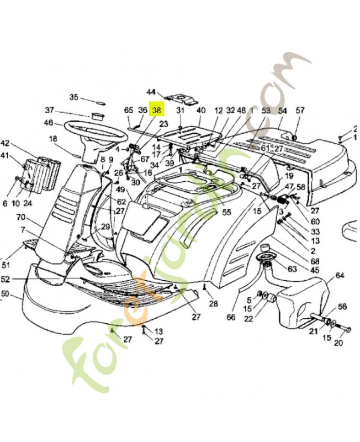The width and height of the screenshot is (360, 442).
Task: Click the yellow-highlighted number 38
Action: (158, 110)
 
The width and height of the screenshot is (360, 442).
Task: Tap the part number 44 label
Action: (152, 92)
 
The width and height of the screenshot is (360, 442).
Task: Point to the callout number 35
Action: (74, 97)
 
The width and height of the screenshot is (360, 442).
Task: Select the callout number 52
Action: (6, 279)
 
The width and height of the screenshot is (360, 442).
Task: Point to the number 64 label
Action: (340, 275)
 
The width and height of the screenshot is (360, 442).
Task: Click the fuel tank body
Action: (301, 304)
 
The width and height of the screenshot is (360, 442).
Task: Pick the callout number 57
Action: (300, 110)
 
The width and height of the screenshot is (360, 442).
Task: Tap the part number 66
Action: (231, 317)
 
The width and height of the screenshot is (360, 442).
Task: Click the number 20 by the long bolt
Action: (338, 343)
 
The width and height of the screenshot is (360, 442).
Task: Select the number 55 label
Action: (226, 212)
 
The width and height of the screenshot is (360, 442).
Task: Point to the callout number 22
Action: (248, 318)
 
